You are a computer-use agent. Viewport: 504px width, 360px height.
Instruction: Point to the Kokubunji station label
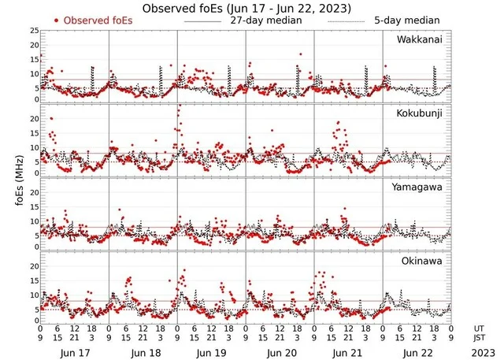[420, 113]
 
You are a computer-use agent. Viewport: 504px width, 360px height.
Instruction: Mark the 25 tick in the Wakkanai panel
[34, 31]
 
